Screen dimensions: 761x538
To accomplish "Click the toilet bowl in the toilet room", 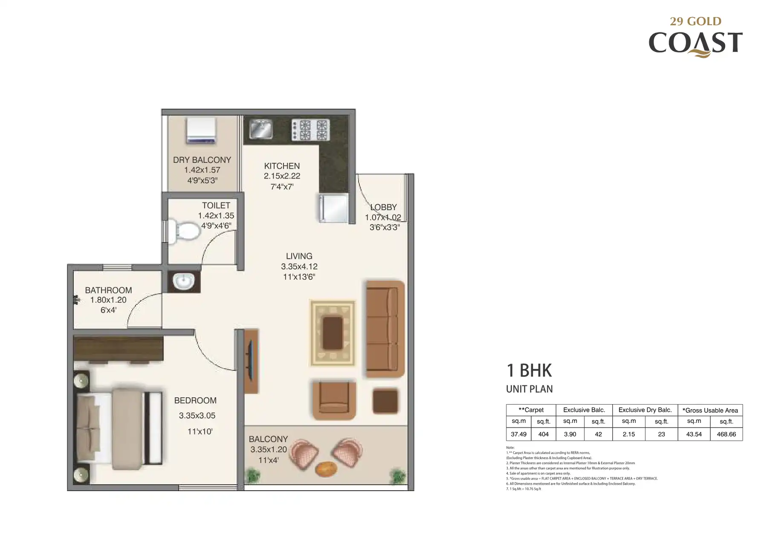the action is click(x=184, y=231).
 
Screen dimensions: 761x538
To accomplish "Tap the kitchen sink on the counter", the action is click(x=261, y=129).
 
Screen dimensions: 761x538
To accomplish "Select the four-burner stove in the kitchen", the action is click(x=310, y=130).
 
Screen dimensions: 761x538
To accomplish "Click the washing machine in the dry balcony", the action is click(x=201, y=130).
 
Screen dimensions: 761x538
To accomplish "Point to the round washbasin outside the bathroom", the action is click(x=184, y=281).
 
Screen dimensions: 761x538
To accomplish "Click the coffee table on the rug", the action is click(x=333, y=333).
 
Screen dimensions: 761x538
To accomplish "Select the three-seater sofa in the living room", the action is click(x=385, y=328).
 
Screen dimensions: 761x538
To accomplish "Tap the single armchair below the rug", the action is click(x=334, y=400).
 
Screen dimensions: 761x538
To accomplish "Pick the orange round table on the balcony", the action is click(x=326, y=469).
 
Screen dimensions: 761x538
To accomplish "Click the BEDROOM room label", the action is click(x=195, y=400).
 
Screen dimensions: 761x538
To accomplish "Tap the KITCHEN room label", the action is click(x=282, y=166).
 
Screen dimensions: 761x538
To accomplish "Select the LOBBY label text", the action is click(x=383, y=207).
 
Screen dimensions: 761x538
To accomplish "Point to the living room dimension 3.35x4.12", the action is click(x=299, y=266).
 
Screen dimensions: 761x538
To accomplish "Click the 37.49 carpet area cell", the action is click(x=518, y=434).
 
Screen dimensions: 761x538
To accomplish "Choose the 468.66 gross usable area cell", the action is click(x=726, y=434).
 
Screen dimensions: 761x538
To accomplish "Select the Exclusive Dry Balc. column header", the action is click(x=645, y=410).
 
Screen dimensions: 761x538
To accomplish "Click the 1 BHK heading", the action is click(x=529, y=370).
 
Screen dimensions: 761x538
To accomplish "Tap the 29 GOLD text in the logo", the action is click(x=696, y=21).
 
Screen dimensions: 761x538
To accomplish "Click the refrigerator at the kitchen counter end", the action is click(x=333, y=208).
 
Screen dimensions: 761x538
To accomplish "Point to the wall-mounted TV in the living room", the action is click(x=251, y=361).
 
